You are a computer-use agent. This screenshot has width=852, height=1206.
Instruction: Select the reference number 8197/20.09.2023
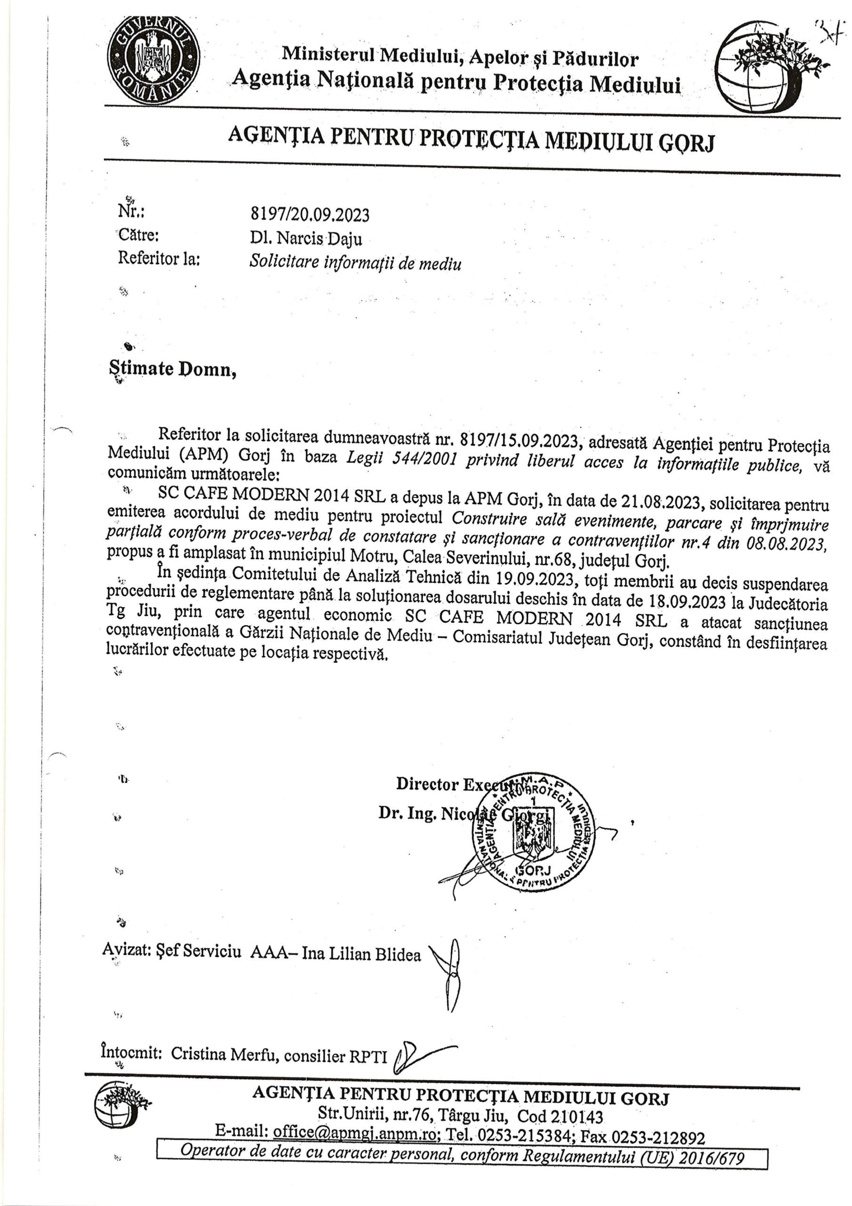[x=309, y=214]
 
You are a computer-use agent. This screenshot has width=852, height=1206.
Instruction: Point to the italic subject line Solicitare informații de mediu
[x=355, y=262]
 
